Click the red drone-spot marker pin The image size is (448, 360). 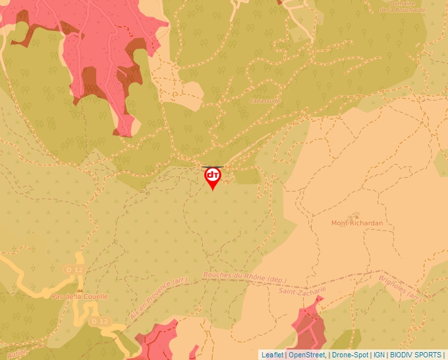click(x=213, y=177)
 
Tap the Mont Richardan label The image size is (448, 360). click(x=356, y=223)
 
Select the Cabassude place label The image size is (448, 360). click(x=265, y=101)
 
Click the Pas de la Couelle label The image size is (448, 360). click(x=80, y=297)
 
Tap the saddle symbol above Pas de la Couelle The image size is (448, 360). click(x=80, y=289)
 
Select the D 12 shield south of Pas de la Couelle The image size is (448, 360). click(x=99, y=321)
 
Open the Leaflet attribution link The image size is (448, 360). click(x=272, y=355)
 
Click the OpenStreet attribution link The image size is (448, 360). click(x=306, y=355)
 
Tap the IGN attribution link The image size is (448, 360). click(x=379, y=355)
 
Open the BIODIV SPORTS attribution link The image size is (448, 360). click(x=416, y=355)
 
